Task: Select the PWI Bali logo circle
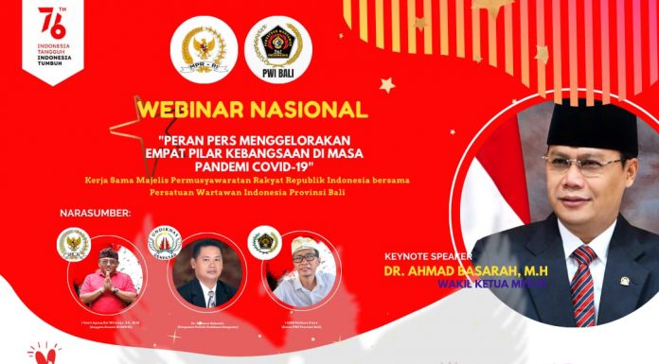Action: click(277, 49)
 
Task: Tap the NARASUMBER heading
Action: click(95, 214)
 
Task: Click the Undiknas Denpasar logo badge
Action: click(165, 240)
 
